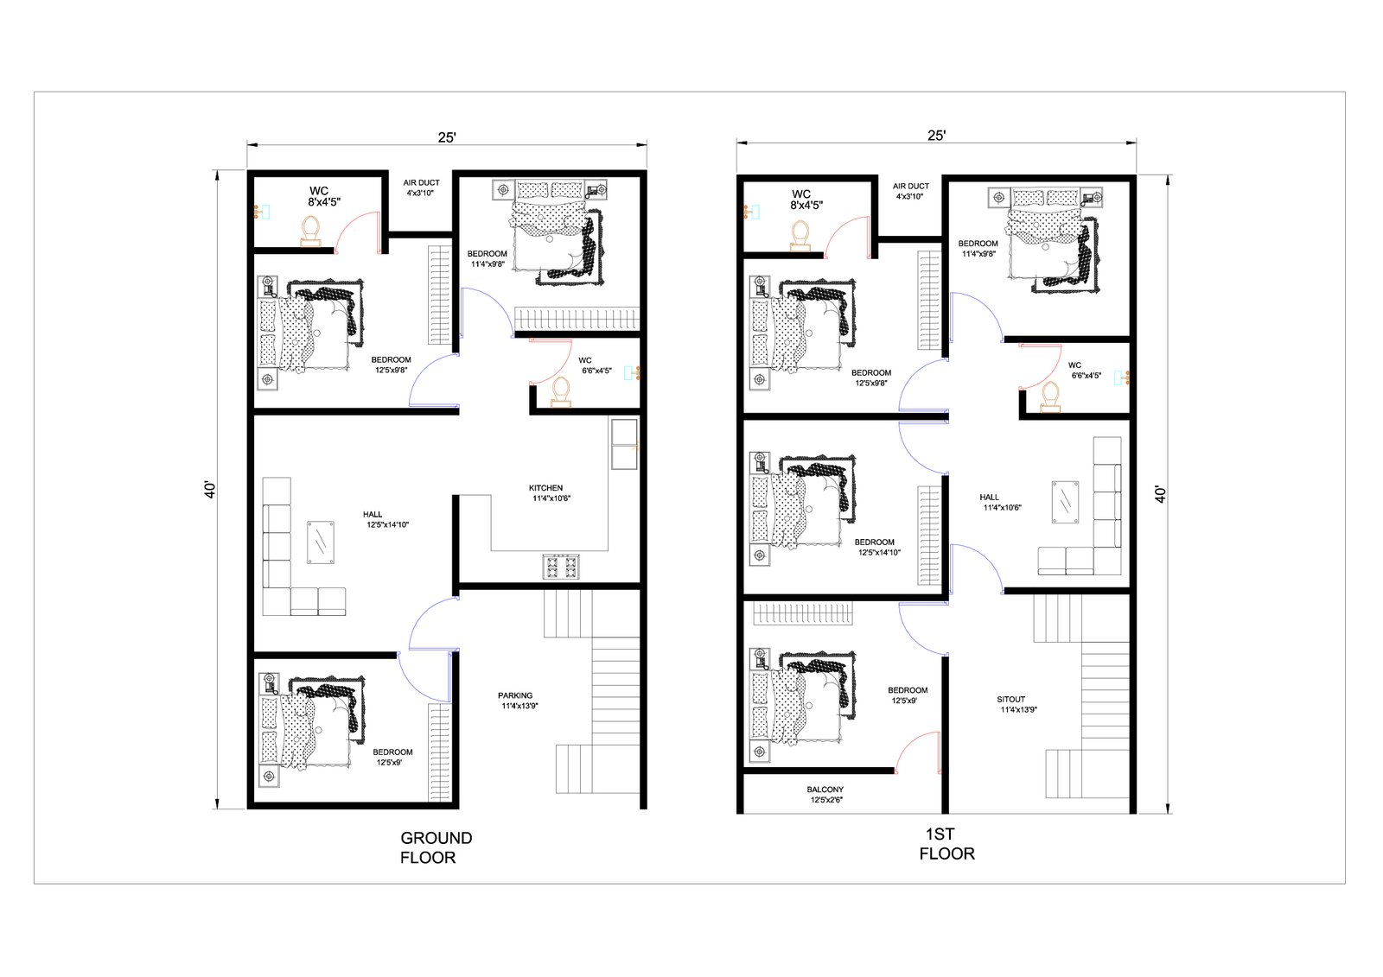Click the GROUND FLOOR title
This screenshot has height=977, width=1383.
pos(436,847)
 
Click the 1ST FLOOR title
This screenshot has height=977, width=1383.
pos(946,844)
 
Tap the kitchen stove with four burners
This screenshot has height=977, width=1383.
pos(561,567)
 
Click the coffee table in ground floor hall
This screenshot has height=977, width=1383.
pos(321,542)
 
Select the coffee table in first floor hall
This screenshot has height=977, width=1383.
pos(1065,503)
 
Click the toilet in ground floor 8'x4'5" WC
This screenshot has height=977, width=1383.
pos(310,232)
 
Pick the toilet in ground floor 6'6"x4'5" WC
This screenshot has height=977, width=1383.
pos(561,392)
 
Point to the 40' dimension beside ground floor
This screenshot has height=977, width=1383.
pos(210,490)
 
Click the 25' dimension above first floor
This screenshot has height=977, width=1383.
pos(937,135)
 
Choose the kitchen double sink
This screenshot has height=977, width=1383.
pos(624,444)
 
